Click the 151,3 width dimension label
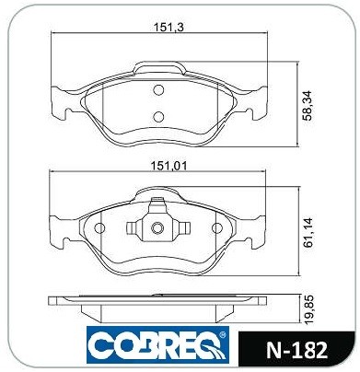point(168,28)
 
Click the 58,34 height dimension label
point(308,106)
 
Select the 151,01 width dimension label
point(168,166)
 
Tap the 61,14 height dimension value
point(308,232)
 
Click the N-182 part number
point(296,350)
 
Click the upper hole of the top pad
point(158,90)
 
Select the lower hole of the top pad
point(158,116)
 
